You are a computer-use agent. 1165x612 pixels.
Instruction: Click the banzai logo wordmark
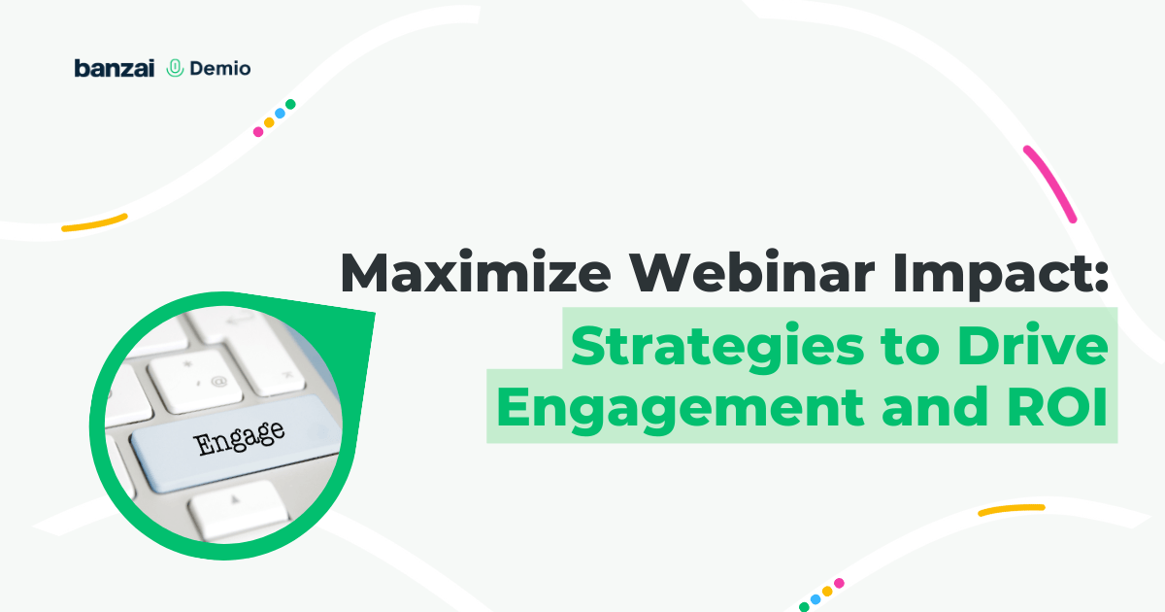(115, 68)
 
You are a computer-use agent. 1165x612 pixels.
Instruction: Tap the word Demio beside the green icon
(220, 69)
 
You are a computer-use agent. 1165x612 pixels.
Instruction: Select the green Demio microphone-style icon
(175, 68)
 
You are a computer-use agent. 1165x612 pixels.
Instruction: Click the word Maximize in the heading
(476, 273)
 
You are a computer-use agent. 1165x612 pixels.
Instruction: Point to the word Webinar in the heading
(752, 273)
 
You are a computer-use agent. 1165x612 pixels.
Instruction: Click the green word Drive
(1033, 345)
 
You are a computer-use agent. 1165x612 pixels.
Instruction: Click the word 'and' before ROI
(935, 406)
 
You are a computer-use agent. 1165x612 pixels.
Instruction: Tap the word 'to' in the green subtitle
(911, 347)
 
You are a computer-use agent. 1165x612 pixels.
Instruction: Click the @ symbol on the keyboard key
(219, 382)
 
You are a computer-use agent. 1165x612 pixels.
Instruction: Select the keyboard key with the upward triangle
(238, 507)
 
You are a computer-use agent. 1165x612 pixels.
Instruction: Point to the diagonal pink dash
(1050, 185)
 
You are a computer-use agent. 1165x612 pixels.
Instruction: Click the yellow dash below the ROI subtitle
(1012, 510)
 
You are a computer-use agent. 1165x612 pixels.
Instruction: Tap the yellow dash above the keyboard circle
(94, 222)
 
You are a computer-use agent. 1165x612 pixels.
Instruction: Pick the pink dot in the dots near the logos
(258, 132)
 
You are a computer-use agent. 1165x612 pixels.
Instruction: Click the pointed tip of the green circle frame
(374, 314)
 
